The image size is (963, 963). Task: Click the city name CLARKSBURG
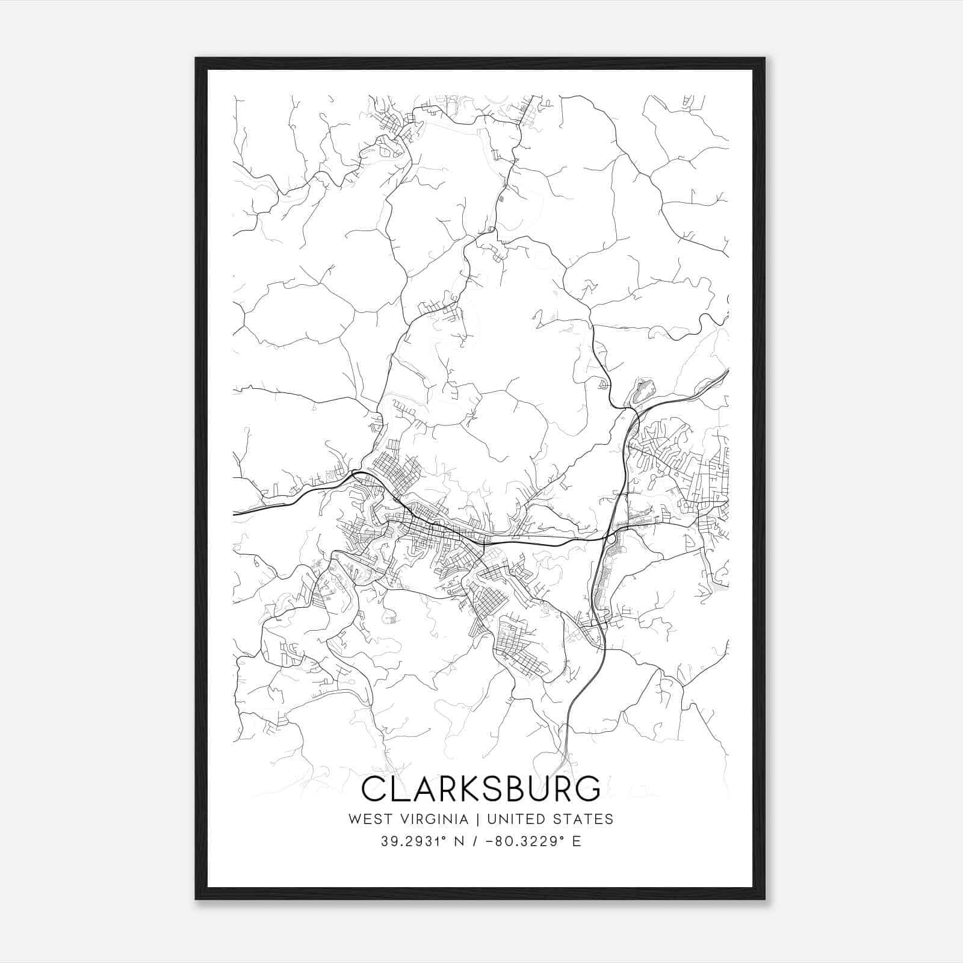click(x=481, y=788)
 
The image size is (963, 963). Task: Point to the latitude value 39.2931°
click(x=412, y=841)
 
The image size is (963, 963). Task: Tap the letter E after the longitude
click(x=577, y=841)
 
